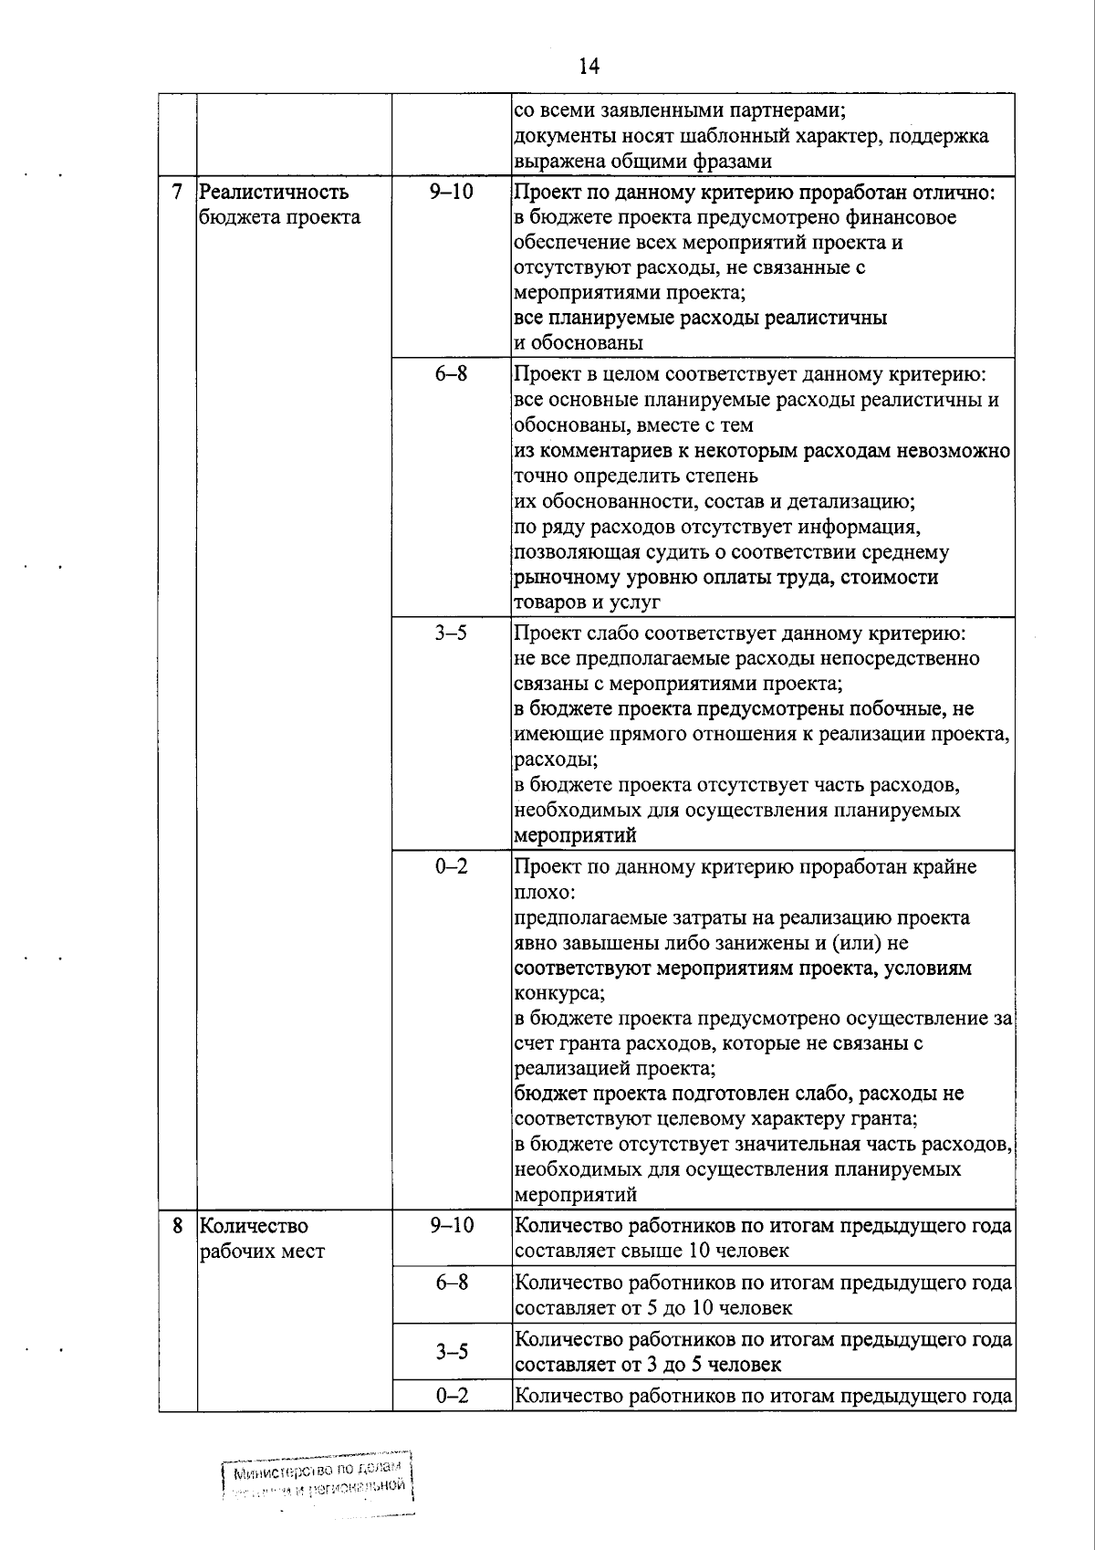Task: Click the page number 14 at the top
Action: (588, 66)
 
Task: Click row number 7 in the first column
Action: (178, 193)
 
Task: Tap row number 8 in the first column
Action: (178, 1226)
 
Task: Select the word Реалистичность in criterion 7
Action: (274, 193)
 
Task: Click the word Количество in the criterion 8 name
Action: (254, 1226)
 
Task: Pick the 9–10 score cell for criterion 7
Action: (452, 193)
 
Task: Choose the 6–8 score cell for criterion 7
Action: (452, 373)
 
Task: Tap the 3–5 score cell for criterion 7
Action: (452, 633)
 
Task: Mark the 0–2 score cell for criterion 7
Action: (452, 866)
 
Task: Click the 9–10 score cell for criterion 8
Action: (452, 1226)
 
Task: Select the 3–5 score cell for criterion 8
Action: (452, 1352)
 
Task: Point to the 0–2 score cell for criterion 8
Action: (452, 1396)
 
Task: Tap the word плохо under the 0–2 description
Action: (544, 892)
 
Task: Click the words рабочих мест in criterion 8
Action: (262, 1252)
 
